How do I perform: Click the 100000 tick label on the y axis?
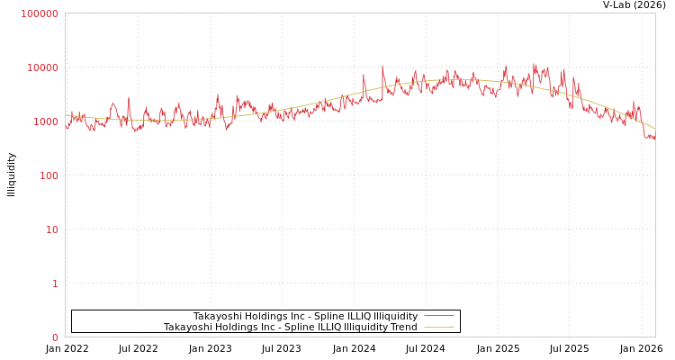click(40, 13)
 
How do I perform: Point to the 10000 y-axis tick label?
click(42, 67)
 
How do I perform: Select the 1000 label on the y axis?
click(45, 121)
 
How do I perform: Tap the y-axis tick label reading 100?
click(48, 175)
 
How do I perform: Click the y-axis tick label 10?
click(51, 229)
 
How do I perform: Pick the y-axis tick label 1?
click(54, 283)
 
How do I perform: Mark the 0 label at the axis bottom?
click(54, 337)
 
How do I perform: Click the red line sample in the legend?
click(438, 316)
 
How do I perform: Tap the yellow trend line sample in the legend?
click(438, 327)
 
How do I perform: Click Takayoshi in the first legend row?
click(218, 316)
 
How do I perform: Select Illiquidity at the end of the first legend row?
click(395, 316)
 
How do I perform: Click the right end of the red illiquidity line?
click(654, 138)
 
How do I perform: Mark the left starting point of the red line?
click(66, 128)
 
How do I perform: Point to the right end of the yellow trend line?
click(654, 128)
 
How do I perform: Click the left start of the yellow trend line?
click(66, 115)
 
